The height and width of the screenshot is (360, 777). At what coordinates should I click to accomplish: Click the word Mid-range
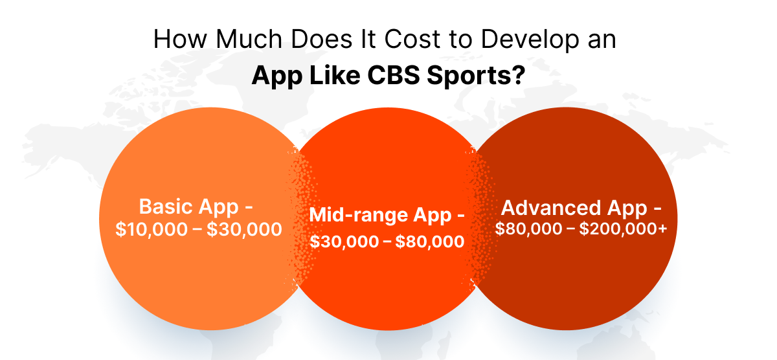pos(357,214)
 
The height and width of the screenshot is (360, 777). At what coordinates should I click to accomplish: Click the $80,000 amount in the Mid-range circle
pos(429,242)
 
